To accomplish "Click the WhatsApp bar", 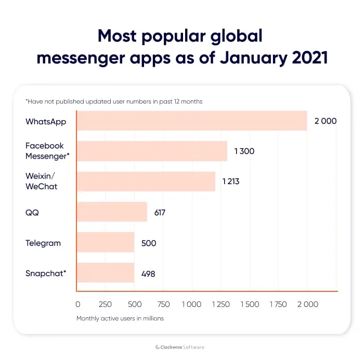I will click(x=191, y=121).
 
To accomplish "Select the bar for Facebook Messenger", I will click(x=152, y=151).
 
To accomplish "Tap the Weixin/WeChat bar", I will click(x=146, y=182).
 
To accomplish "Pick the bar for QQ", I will click(x=112, y=212).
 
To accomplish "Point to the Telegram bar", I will click(x=106, y=243).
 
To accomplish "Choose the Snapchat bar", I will click(x=106, y=273).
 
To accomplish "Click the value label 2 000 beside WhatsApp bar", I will click(x=326, y=121).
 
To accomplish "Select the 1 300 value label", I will click(x=244, y=151).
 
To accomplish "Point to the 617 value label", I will click(x=160, y=212).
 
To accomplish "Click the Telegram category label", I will click(x=43, y=243).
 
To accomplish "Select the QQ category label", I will click(x=32, y=212).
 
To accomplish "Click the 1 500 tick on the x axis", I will click(x=250, y=304).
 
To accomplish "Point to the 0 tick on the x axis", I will click(x=78, y=304).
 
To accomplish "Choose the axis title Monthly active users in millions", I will click(x=120, y=318).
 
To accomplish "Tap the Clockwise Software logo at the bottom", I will click(x=181, y=347).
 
